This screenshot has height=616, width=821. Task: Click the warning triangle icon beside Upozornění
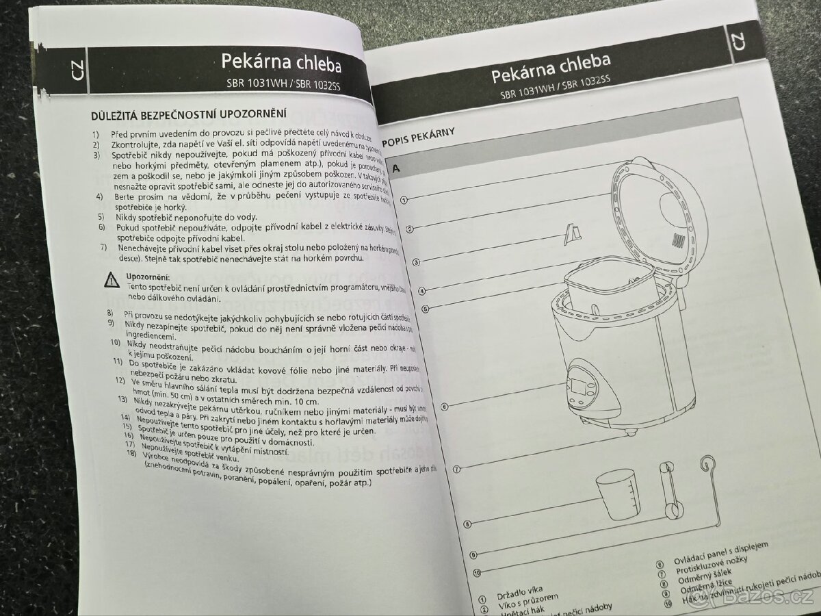coord(111,279)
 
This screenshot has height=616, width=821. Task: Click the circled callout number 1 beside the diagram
coord(404,201)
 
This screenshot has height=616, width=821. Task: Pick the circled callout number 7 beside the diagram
coord(456,469)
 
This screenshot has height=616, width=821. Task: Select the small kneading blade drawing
coord(572,233)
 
